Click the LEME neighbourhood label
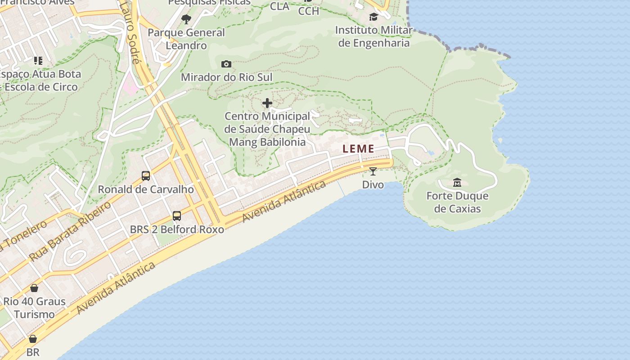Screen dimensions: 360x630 pyautogui.click(x=358, y=148)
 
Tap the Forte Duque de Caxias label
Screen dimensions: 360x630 pyautogui.click(x=457, y=202)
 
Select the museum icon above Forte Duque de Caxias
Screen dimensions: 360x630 pyautogui.click(x=457, y=182)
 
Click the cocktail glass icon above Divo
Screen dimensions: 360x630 pyautogui.click(x=373, y=171)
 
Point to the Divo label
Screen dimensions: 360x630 pyautogui.click(x=373, y=184)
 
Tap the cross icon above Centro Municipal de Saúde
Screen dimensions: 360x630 pyautogui.click(x=267, y=103)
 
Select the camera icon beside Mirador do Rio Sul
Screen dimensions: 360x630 pyautogui.click(x=226, y=64)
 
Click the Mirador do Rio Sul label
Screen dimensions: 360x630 pyautogui.click(x=226, y=77)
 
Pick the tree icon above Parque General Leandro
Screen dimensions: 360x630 pyautogui.click(x=186, y=19)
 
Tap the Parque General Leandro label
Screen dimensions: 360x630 pyautogui.click(x=186, y=39)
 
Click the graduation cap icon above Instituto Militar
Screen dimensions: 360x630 pyautogui.click(x=373, y=17)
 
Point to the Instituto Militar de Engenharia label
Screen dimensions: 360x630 pyautogui.click(x=373, y=36)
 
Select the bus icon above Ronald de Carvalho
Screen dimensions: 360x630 pyautogui.click(x=146, y=175)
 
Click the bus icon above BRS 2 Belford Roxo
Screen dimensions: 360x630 pyautogui.click(x=177, y=216)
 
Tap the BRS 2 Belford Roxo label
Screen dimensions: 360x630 pyautogui.click(x=177, y=229)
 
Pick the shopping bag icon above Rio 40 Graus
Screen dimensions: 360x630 pyautogui.click(x=34, y=288)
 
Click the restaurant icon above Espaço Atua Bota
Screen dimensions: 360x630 pyautogui.click(x=38, y=60)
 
